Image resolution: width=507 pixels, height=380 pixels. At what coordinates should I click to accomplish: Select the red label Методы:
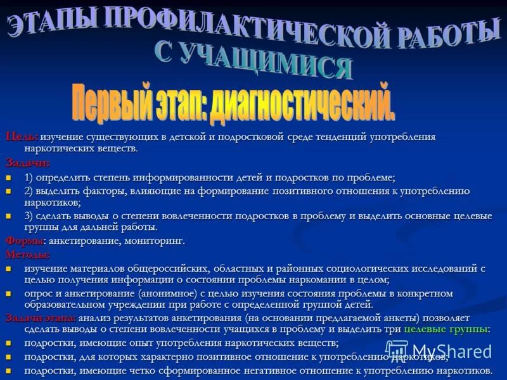(27, 255)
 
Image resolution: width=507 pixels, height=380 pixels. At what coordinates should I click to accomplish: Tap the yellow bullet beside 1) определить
(9, 178)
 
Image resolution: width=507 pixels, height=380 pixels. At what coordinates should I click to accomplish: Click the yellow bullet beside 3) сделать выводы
(9, 216)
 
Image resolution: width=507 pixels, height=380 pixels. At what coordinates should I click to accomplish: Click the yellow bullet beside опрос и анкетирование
(9, 294)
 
